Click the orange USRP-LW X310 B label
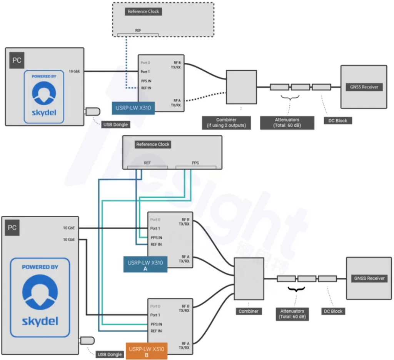[147, 352]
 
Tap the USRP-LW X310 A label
[145, 265]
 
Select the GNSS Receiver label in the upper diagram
[364, 87]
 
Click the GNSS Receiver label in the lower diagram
[369, 278]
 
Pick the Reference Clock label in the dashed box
[143, 12]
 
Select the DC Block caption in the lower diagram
[333, 311]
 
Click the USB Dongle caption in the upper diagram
[115, 124]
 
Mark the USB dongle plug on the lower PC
[87, 341]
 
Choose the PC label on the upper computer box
[17, 60]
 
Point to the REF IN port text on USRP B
[156, 331]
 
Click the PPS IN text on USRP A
[156, 238]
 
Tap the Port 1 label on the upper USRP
[145, 72]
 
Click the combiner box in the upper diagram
[241, 87]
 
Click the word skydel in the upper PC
[43, 113]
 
